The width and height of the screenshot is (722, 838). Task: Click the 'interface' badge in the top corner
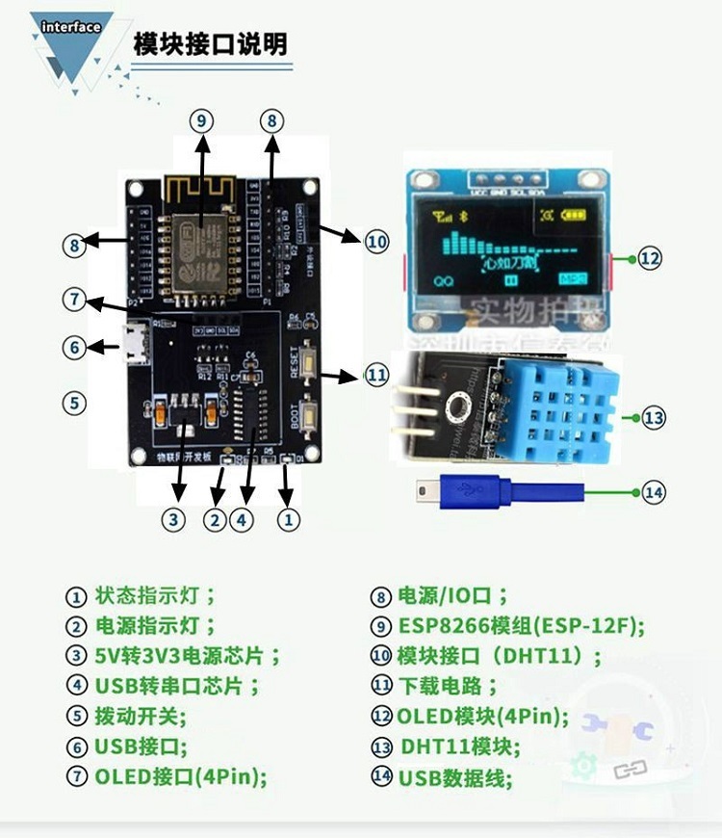[x=70, y=27]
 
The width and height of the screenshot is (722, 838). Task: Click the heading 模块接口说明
[x=210, y=44]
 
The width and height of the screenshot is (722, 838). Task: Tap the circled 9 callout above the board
[x=200, y=120]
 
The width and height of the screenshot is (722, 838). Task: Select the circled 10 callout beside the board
[x=376, y=241]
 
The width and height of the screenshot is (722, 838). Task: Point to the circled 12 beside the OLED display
[x=651, y=258]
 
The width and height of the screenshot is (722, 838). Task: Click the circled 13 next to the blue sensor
[x=654, y=418]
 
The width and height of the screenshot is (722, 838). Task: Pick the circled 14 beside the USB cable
[x=654, y=491]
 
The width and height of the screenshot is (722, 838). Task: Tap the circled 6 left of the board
[x=75, y=347]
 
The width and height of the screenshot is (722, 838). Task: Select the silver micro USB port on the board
[x=135, y=342]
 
